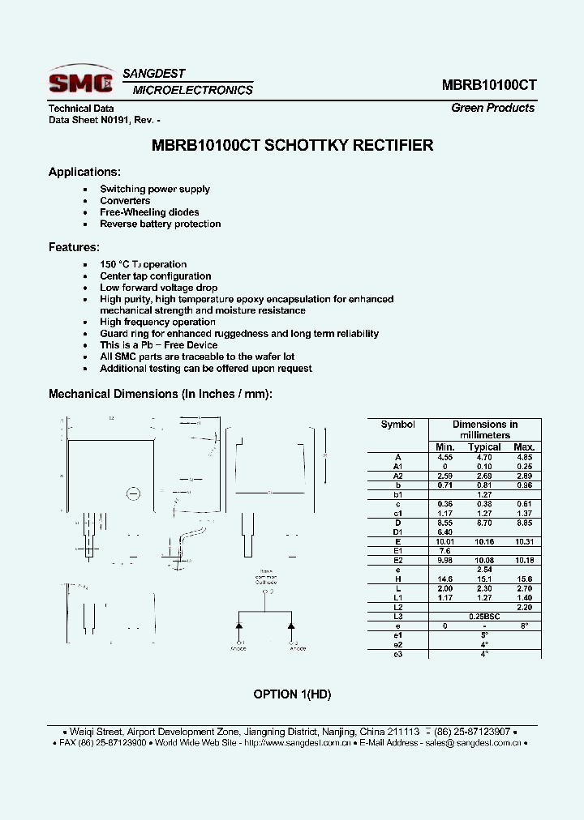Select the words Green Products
tap(492, 108)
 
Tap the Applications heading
tap(84, 172)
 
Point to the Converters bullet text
tap(125, 200)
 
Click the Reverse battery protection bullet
tap(160, 224)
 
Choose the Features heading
tap(74, 247)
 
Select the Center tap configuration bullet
tap(155, 276)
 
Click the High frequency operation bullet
tap(157, 322)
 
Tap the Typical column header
tap(484, 446)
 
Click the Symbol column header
tap(397, 425)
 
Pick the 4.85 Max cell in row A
tap(524, 457)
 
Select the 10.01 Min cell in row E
tap(444, 541)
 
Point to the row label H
tap(397, 579)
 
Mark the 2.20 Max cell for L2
tap(524, 608)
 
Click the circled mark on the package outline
tap(135, 493)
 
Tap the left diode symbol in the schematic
tap(240, 626)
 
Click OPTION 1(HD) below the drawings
tap(292, 694)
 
